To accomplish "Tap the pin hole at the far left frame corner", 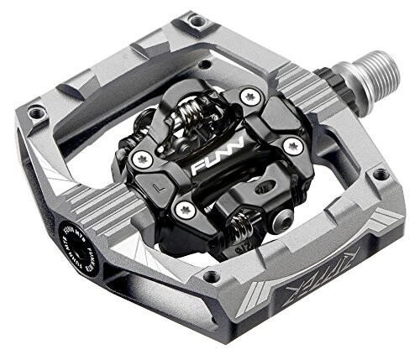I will [x=36, y=112].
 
